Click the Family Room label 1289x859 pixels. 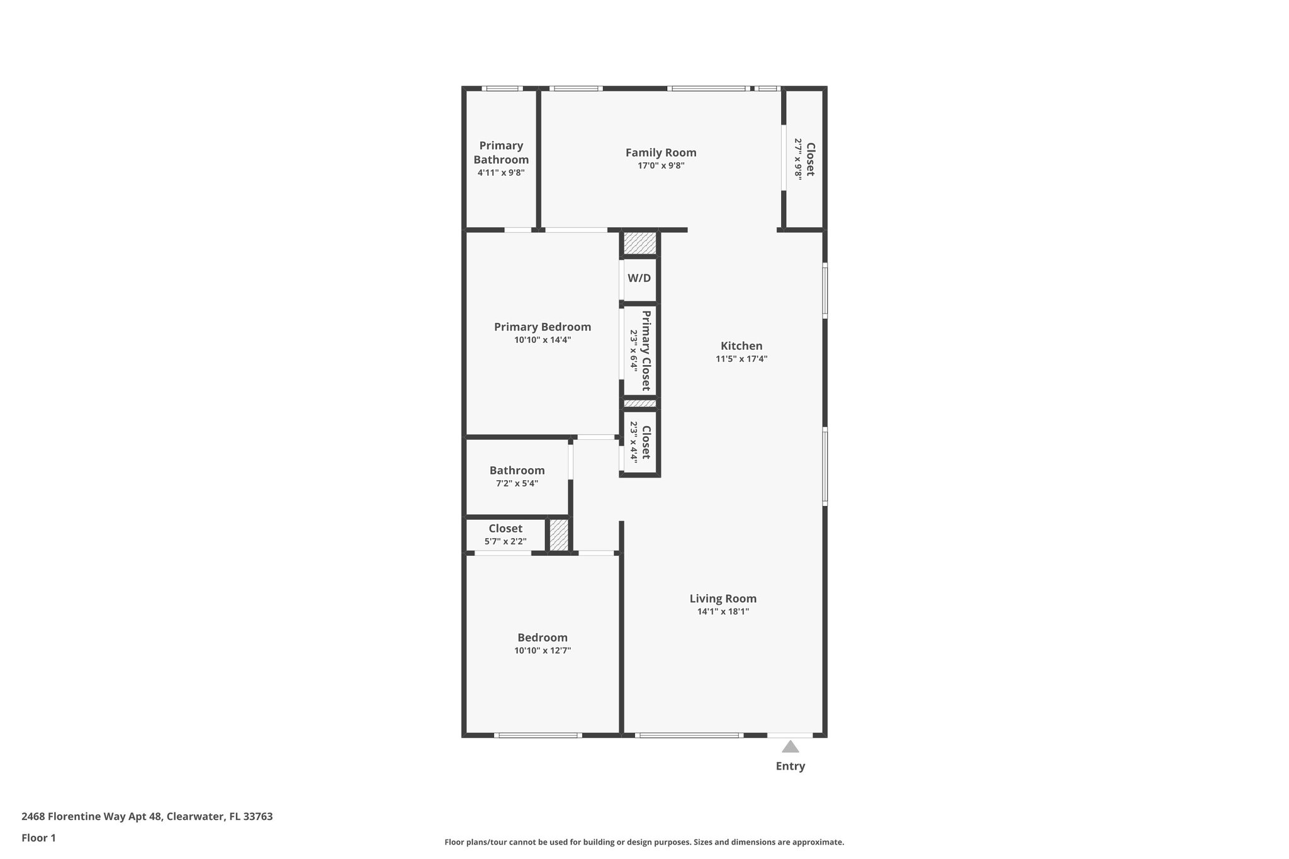660,153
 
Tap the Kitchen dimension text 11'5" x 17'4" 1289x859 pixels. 741,359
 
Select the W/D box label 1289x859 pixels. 639,278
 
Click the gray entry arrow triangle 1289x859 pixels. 790,747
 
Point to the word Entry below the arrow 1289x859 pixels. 790,766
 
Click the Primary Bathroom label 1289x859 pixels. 501,153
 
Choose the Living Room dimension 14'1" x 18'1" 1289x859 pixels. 723,612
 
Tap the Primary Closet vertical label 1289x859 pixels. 646,351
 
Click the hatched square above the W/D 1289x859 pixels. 639,243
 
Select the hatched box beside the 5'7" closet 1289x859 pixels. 558,534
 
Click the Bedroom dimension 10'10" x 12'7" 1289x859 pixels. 542,651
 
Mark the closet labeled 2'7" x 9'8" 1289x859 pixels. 804,159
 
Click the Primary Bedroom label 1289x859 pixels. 542,327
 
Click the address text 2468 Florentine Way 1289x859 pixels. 147,817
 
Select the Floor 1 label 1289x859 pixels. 38,838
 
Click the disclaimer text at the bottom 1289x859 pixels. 644,842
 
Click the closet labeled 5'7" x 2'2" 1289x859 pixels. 505,534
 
